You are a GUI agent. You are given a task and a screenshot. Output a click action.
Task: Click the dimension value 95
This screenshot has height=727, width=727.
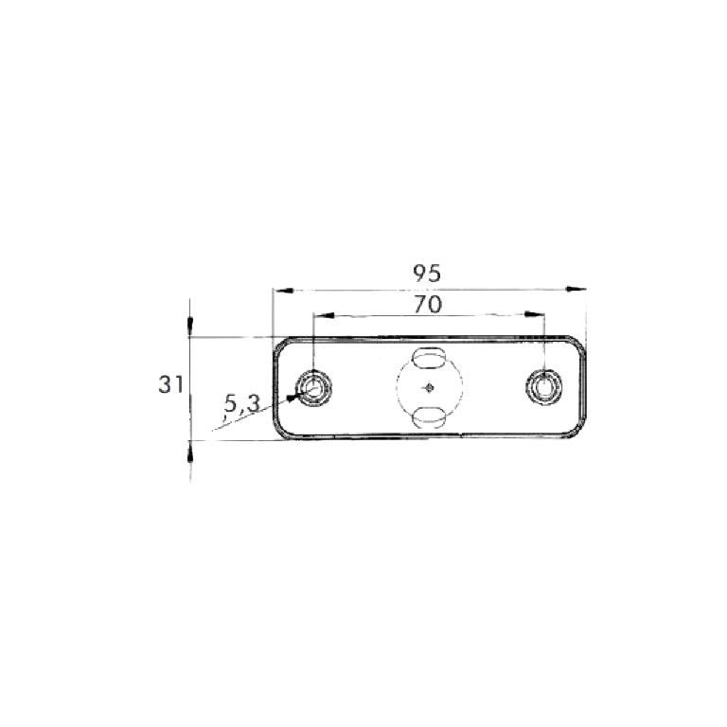427,274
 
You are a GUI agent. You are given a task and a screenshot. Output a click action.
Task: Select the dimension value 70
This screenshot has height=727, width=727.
429,304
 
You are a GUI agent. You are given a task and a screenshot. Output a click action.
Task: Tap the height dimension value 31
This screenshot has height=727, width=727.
170,384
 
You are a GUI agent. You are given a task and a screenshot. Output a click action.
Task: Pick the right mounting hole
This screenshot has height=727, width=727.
543,386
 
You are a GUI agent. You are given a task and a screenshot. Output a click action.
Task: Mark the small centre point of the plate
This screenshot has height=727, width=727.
430,386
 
